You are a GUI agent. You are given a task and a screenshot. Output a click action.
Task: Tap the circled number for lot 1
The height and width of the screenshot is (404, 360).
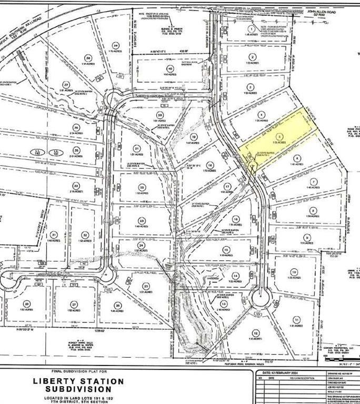(252, 29)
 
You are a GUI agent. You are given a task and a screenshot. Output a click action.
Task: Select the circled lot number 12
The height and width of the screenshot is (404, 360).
(256, 332)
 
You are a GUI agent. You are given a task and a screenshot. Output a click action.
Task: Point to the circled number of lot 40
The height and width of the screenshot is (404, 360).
(169, 69)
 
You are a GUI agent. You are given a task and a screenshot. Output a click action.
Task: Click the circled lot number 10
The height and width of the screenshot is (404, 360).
(294, 271)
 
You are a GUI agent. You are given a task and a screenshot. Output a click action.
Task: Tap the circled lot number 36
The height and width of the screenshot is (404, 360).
(76, 127)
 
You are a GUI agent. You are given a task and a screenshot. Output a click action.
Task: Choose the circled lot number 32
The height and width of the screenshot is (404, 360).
(84, 235)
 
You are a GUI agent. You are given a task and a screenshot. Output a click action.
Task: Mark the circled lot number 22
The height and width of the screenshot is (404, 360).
(142, 187)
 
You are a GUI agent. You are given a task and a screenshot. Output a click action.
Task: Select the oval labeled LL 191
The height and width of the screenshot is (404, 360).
(55, 152)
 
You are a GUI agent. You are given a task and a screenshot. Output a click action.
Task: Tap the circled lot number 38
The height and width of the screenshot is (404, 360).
(88, 57)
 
